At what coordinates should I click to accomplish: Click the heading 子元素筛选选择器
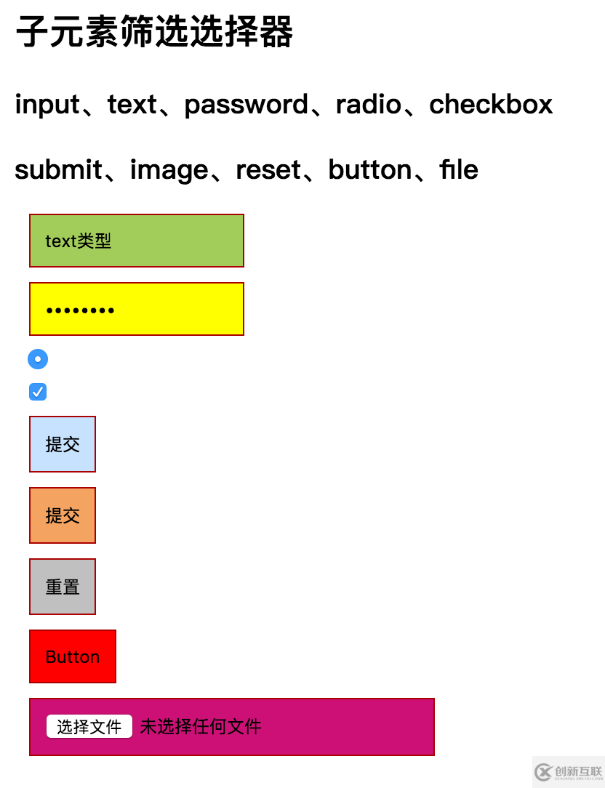[x=154, y=31]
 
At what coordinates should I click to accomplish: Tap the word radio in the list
[x=369, y=104]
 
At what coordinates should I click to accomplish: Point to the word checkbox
[x=491, y=104]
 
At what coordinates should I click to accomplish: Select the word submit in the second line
[x=59, y=169]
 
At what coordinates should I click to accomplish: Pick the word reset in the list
[x=268, y=170]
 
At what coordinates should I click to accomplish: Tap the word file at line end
[x=459, y=169]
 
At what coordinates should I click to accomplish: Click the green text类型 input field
[x=137, y=241]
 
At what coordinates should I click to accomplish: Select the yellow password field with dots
[x=137, y=309]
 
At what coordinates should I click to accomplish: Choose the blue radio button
[x=38, y=359]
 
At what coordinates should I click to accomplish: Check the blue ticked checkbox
[x=38, y=392]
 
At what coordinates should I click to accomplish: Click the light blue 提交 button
[x=63, y=444]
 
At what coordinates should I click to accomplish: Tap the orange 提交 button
[x=63, y=515]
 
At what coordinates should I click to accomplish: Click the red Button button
[x=73, y=657]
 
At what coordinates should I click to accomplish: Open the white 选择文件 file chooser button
[x=89, y=727]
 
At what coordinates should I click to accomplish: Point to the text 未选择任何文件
[x=201, y=727]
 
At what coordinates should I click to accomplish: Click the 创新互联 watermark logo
[x=569, y=772]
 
